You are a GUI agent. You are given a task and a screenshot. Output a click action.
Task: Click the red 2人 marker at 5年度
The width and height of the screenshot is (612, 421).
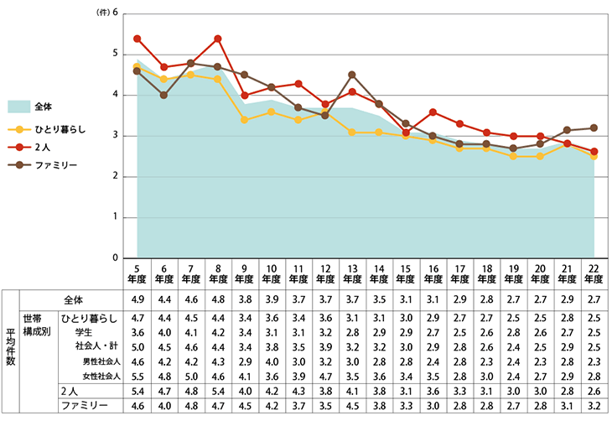pyautogui.click(x=137, y=39)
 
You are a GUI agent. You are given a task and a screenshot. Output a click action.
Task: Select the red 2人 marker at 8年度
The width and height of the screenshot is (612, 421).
pyautogui.click(x=218, y=39)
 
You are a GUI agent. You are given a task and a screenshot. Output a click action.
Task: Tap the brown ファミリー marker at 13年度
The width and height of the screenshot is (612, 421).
pyautogui.click(x=352, y=75)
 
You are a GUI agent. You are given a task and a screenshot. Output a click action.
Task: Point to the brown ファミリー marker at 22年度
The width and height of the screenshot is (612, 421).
pyautogui.click(x=595, y=127)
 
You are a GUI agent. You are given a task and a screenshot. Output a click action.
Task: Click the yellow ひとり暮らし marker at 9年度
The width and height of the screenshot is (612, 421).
pyautogui.click(x=244, y=120)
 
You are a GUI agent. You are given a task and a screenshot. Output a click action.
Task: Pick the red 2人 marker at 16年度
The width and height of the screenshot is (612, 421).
pyautogui.click(x=433, y=112)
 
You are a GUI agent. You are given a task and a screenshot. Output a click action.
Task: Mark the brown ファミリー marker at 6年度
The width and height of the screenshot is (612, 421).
pyautogui.click(x=164, y=95)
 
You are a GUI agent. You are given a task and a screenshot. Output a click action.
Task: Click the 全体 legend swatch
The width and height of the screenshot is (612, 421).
pyautogui.click(x=18, y=107)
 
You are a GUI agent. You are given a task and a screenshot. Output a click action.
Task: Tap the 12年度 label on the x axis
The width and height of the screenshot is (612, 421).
pyautogui.click(x=325, y=273)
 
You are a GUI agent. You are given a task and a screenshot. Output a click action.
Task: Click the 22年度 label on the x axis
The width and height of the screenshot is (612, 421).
pyautogui.click(x=595, y=273)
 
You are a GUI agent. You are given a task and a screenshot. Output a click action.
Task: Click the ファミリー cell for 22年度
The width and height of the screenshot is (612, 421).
pyautogui.click(x=595, y=406)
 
